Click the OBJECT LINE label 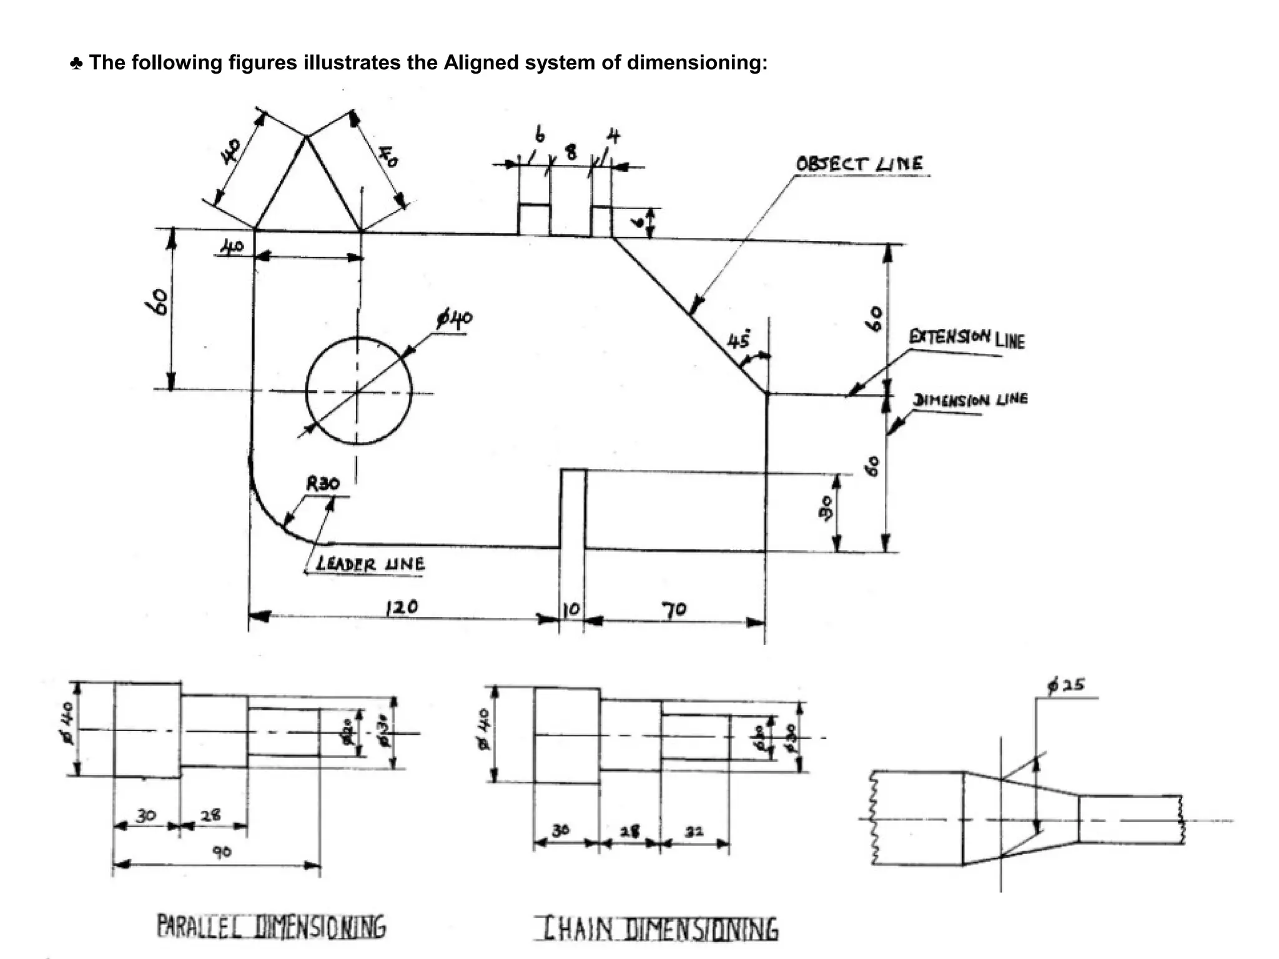click(x=859, y=164)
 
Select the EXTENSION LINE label click(x=967, y=338)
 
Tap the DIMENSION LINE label click(x=970, y=400)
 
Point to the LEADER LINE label click(x=370, y=564)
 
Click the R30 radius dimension click(x=323, y=483)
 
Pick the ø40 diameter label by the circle click(x=455, y=320)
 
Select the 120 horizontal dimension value click(x=402, y=607)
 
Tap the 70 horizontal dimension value click(x=674, y=609)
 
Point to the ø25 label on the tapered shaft click(x=1067, y=685)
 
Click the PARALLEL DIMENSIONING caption click(x=272, y=927)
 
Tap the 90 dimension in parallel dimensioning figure click(x=222, y=852)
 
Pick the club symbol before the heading click(x=76, y=63)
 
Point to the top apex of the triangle click(x=306, y=137)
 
